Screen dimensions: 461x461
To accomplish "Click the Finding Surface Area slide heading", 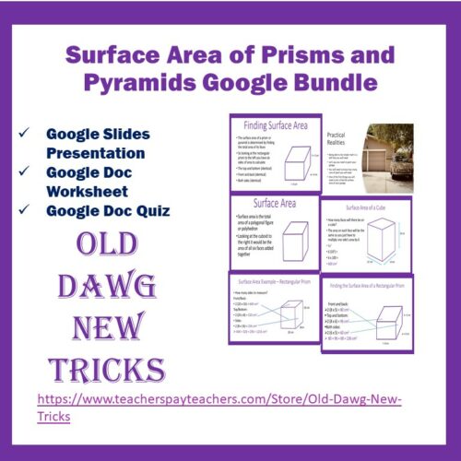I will pos(274,124).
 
